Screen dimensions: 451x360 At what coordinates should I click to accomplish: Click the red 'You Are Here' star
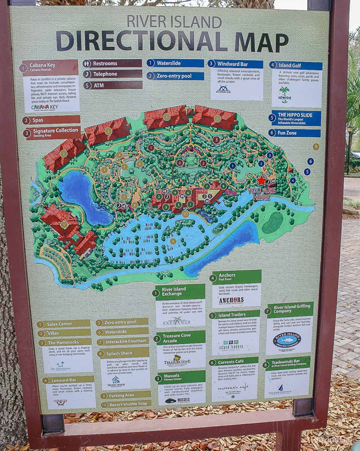[x=261, y=181]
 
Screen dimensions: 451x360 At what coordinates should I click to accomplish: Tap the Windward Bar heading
[x=233, y=64]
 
